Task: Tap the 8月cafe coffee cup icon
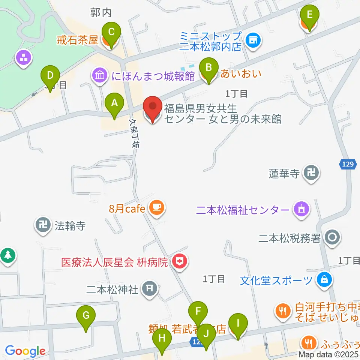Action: [x=156, y=207]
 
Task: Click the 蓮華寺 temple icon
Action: [x=312, y=173]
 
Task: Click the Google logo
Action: [x=25, y=351]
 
